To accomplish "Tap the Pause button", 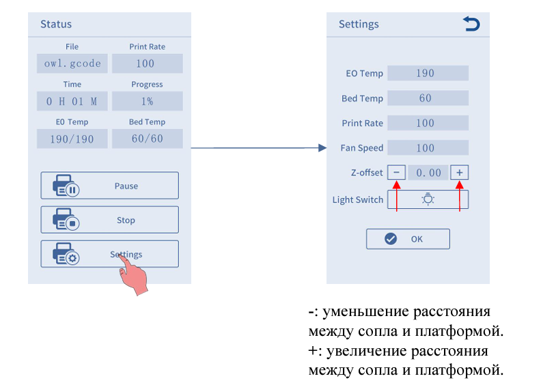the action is [110, 186].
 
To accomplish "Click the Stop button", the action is [110, 220].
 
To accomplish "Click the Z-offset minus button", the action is [396, 172].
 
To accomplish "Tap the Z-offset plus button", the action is [459, 172].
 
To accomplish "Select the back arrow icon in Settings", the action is [471, 24].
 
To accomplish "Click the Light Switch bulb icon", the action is [428, 199].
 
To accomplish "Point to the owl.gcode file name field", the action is [72, 63].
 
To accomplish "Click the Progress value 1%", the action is [148, 101].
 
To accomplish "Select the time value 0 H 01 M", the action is [72, 101].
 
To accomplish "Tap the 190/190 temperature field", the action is [72, 139].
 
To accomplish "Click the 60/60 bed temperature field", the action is [148, 139].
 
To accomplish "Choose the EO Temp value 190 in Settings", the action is [428, 73].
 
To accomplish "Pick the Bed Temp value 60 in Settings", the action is [428, 98].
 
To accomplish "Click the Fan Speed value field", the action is [428, 148].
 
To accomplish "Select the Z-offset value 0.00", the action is [428, 172].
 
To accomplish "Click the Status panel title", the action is [56, 24].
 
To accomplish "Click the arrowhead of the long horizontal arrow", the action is [322, 148].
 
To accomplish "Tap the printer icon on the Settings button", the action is [66, 254].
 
